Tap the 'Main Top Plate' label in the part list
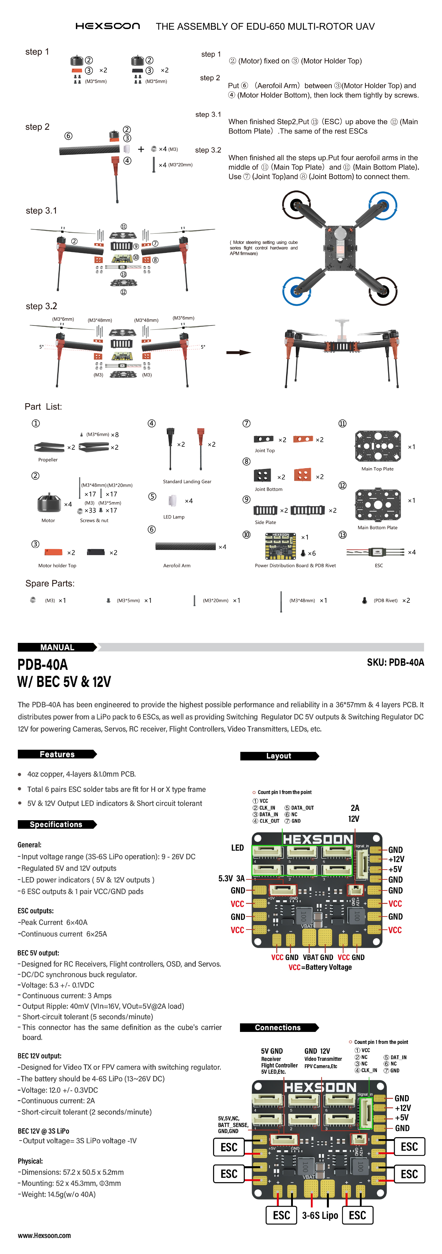click(x=377, y=469)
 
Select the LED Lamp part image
click(x=172, y=500)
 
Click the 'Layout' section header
click(x=279, y=756)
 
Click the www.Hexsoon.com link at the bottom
click(x=44, y=1235)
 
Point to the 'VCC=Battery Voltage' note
click(x=320, y=967)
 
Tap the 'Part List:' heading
click(x=43, y=407)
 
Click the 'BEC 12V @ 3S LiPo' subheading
click(x=43, y=1131)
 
